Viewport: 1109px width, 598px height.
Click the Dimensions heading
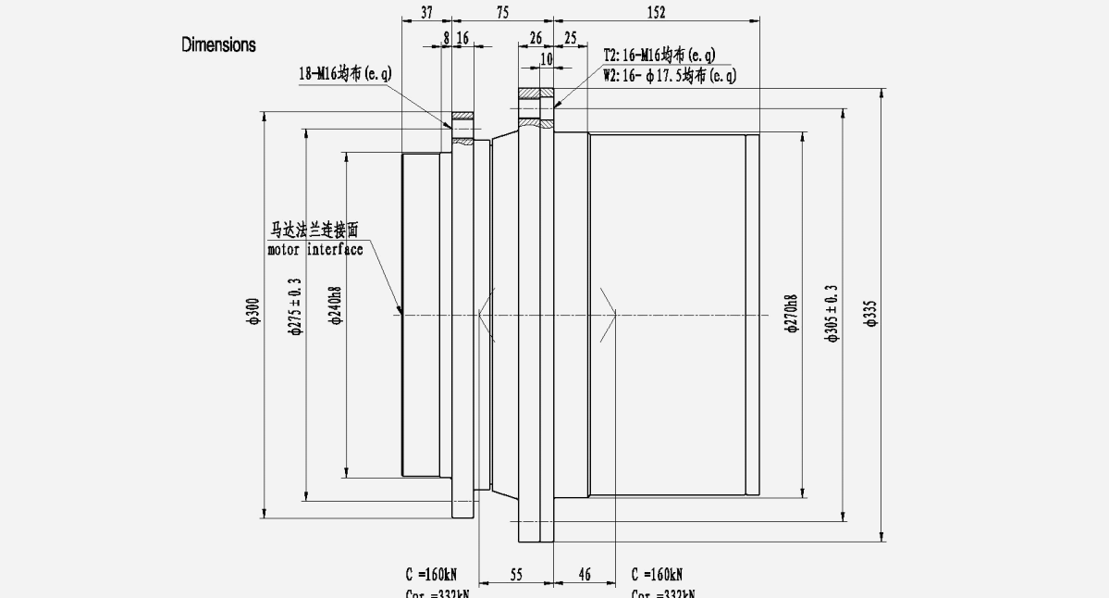pos(218,44)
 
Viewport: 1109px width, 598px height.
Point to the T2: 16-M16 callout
pos(659,56)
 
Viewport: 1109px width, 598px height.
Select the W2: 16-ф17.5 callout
pos(670,76)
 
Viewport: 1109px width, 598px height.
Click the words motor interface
pos(314,250)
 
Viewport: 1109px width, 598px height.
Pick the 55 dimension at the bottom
pos(516,575)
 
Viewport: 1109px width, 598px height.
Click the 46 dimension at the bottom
pos(585,575)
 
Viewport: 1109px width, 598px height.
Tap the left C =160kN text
pos(437,575)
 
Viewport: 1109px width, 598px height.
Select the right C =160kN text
pos(662,575)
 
